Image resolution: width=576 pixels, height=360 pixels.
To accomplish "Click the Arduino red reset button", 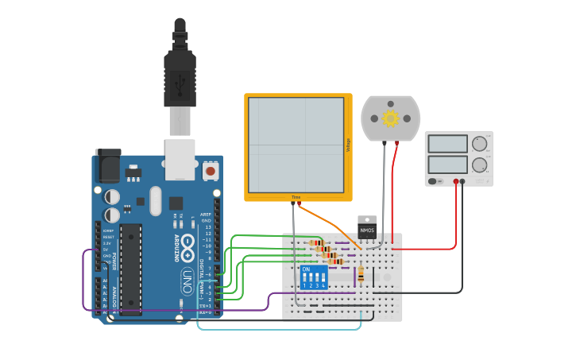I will (x=210, y=169).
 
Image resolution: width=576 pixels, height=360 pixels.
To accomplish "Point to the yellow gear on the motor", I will (x=390, y=118).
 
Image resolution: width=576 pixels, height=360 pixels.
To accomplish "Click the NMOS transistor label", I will (x=367, y=230).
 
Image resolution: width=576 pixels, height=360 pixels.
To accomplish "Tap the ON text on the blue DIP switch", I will (x=307, y=269).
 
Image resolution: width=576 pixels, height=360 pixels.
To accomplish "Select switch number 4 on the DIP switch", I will (x=323, y=281).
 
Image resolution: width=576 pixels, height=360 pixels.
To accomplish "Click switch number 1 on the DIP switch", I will (x=305, y=281).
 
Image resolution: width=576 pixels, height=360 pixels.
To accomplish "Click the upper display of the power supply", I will (x=448, y=144).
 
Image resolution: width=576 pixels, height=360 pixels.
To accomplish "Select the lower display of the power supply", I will (x=448, y=165).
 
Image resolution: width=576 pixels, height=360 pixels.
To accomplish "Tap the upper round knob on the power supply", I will (x=479, y=144).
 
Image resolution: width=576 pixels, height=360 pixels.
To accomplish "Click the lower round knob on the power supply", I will (x=479, y=165).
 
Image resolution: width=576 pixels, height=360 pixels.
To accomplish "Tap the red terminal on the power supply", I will (x=456, y=181).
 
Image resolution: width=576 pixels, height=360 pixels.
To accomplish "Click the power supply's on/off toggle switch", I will (x=433, y=181).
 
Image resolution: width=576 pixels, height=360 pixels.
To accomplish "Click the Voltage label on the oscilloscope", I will (x=348, y=145).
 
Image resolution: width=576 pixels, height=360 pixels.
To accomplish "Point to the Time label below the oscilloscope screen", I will (x=296, y=197).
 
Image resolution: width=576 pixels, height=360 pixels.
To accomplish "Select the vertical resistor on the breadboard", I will (x=361, y=274).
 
